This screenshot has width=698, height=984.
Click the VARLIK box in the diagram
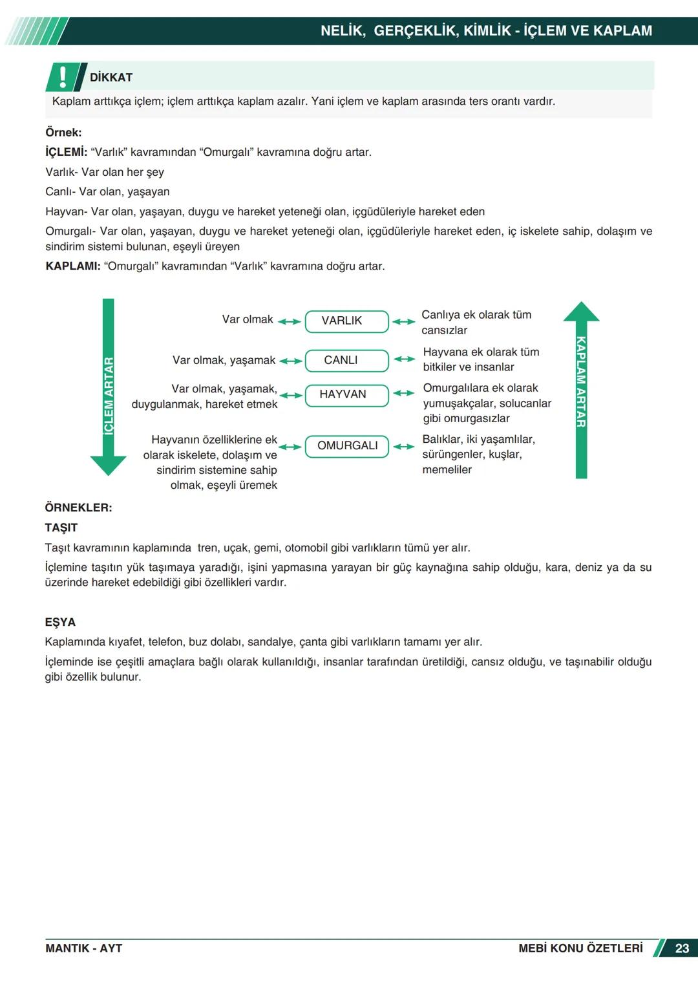(346, 321)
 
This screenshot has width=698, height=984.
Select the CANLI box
(346, 361)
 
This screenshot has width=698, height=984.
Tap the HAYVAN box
(346, 395)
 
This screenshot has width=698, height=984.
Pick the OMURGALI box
(347, 446)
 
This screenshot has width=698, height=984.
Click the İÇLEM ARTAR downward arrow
(109, 388)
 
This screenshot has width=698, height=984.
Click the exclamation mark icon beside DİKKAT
(63, 77)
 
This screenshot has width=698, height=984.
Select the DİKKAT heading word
(111, 78)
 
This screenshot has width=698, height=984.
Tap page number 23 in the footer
(682, 948)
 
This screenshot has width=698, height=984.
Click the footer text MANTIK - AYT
(83, 948)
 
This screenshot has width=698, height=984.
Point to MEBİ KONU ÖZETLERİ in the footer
(580, 948)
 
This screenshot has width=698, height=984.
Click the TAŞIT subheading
(61, 528)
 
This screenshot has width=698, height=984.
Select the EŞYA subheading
(60, 622)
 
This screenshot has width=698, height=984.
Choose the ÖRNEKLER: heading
(78, 508)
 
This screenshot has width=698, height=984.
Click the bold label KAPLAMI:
(73, 266)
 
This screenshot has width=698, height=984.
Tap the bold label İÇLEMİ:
(66, 153)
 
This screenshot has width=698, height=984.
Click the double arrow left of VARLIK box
(290, 321)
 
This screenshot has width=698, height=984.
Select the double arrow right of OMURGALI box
(404, 447)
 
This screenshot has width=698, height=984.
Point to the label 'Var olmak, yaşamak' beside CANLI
(224, 360)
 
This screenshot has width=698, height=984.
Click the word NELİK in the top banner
(343, 31)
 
